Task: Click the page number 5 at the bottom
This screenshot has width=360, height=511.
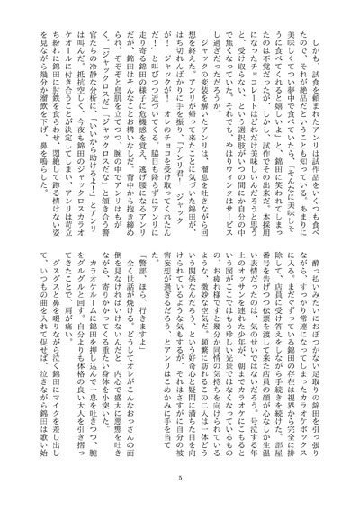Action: pos(180,477)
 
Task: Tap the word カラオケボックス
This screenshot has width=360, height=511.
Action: pos(301,188)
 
